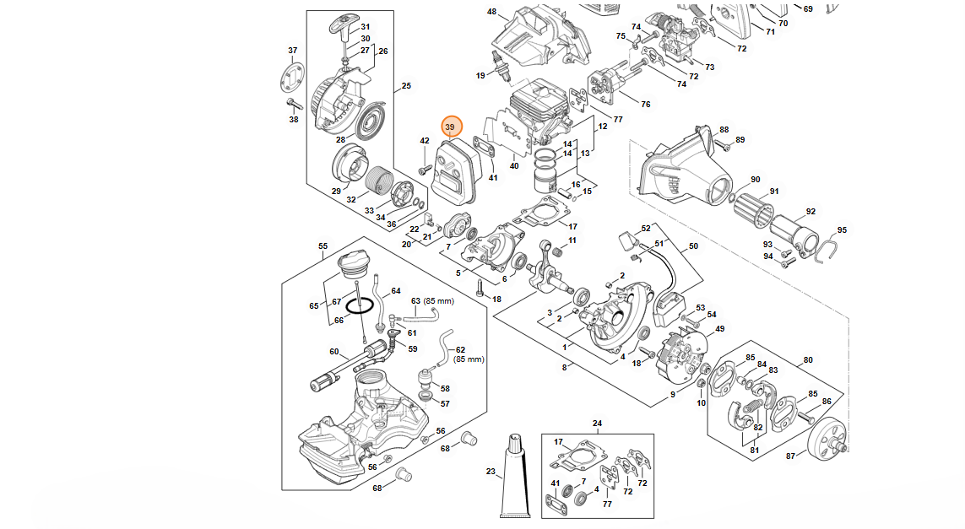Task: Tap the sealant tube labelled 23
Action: click(x=514, y=480)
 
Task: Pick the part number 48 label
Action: click(x=491, y=12)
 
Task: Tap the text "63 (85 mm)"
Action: click(x=432, y=300)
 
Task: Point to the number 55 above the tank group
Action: click(x=323, y=246)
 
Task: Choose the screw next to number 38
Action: click(x=294, y=105)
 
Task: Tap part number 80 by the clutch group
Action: click(x=808, y=360)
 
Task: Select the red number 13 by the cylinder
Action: click(x=585, y=154)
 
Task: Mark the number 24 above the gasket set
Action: click(x=597, y=424)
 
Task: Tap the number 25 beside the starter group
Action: click(x=406, y=86)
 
